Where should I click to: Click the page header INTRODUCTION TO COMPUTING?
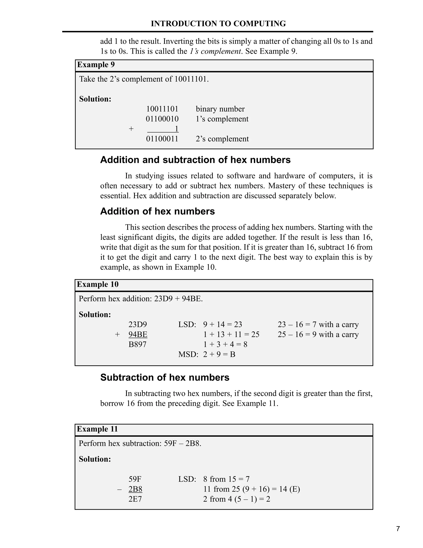click(x=218, y=24)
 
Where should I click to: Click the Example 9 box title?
click(x=96, y=65)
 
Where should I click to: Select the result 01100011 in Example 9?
click(x=162, y=139)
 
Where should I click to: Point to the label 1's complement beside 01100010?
click(x=222, y=119)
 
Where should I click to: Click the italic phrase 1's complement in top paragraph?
click(x=215, y=51)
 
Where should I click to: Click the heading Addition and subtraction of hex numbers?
click(x=195, y=160)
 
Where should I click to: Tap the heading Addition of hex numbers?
click(x=157, y=211)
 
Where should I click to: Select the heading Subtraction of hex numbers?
click(x=165, y=377)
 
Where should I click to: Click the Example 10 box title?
click(x=98, y=284)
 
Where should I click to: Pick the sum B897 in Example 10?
click(x=137, y=344)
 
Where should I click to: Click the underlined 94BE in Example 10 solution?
click(x=138, y=334)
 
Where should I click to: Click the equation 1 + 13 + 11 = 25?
click(x=231, y=334)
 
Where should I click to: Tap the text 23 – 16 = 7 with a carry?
click(x=318, y=324)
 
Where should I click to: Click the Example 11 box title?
click(x=97, y=429)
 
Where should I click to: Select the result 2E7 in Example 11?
click(x=135, y=499)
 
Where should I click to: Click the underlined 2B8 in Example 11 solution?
click(x=135, y=489)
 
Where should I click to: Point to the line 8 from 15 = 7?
click(x=226, y=479)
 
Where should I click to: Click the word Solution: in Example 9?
click(x=95, y=99)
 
